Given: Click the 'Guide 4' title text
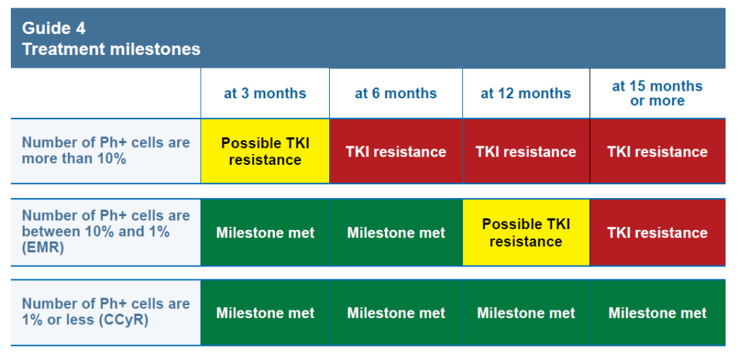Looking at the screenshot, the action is click(x=53, y=29).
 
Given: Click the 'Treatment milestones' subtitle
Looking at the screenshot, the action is click(x=112, y=49).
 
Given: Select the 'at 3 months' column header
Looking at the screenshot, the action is click(x=265, y=94).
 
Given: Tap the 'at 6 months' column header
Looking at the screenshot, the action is click(x=396, y=94).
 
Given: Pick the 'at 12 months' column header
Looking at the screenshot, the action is click(x=526, y=94).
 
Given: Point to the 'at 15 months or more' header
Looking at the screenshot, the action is click(x=657, y=94).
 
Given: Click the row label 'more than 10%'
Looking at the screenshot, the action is click(x=106, y=151).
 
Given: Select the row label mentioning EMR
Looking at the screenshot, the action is click(x=106, y=231).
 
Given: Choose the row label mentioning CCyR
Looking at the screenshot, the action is click(x=106, y=312).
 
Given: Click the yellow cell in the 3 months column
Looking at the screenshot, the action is click(x=265, y=151).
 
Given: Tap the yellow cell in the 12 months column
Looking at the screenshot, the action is click(x=526, y=233).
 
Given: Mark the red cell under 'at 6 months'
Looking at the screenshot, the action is click(x=396, y=151).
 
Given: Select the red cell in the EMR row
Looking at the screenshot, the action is click(x=657, y=233).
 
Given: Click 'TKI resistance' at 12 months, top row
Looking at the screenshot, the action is click(x=526, y=152).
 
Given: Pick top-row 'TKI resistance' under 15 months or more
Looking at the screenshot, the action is click(x=657, y=152).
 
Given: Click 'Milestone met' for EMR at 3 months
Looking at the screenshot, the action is click(x=266, y=233).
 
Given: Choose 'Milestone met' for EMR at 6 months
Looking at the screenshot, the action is click(x=396, y=233).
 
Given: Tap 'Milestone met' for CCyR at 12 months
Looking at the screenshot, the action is click(x=527, y=313).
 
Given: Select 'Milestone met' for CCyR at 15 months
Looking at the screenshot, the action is click(x=657, y=313).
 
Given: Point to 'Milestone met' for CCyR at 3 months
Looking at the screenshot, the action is click(x=266, y=313).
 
